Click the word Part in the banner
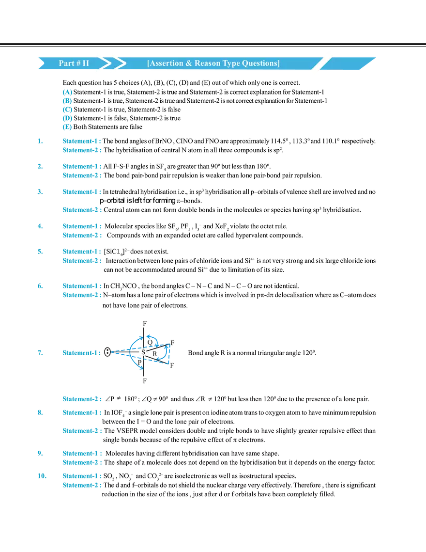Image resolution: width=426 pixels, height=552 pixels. click(x=66, y=63)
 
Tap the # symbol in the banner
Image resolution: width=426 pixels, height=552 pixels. click(x=78, y=63)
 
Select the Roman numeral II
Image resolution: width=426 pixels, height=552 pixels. click(x=85, y=63)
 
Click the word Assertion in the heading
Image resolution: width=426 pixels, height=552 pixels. click(x=166, y=63)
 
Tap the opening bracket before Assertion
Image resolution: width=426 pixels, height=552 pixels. click(x=148, y=63)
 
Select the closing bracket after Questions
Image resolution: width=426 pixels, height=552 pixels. click(x=278, y=63)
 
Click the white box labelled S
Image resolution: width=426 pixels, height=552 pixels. click(x=143, y=352)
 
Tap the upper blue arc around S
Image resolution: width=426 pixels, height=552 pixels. click(x=148, y=338)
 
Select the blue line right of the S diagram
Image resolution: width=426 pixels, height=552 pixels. click(x=191, y=359)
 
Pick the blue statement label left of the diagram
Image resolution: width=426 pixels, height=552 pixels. click(x=80, y=353)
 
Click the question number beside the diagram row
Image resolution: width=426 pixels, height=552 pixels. click(x=40, y=353)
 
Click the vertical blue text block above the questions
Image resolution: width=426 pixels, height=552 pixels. click(x=67, y=109)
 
